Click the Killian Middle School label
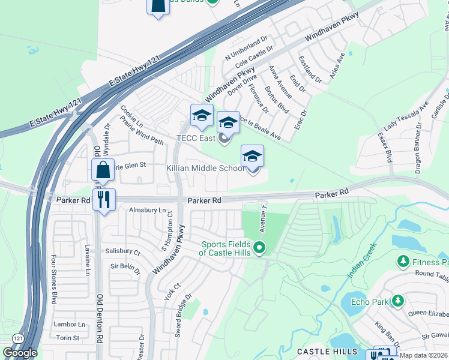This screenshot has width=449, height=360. (x=205, y=169)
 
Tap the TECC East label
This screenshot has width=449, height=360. (x=196, y=139)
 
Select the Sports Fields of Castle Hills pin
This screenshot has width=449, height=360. (x=259, y=247)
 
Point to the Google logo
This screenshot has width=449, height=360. (x=19, y=353)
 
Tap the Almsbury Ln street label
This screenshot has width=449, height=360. (x=147, y=210)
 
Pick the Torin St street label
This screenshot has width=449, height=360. (x=67, y=338)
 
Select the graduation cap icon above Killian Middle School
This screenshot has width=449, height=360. (x=252, y=157)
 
